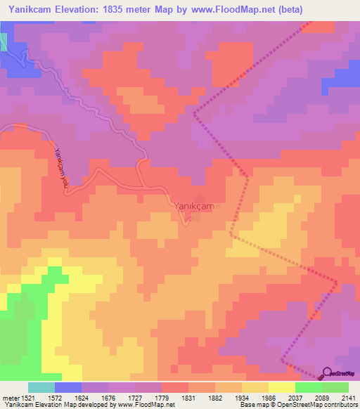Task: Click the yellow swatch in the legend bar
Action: pos(281,387)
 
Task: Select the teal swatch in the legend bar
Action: pos(41,387)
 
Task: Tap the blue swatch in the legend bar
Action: pos(68,387)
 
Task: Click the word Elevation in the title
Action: pos(82,11)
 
